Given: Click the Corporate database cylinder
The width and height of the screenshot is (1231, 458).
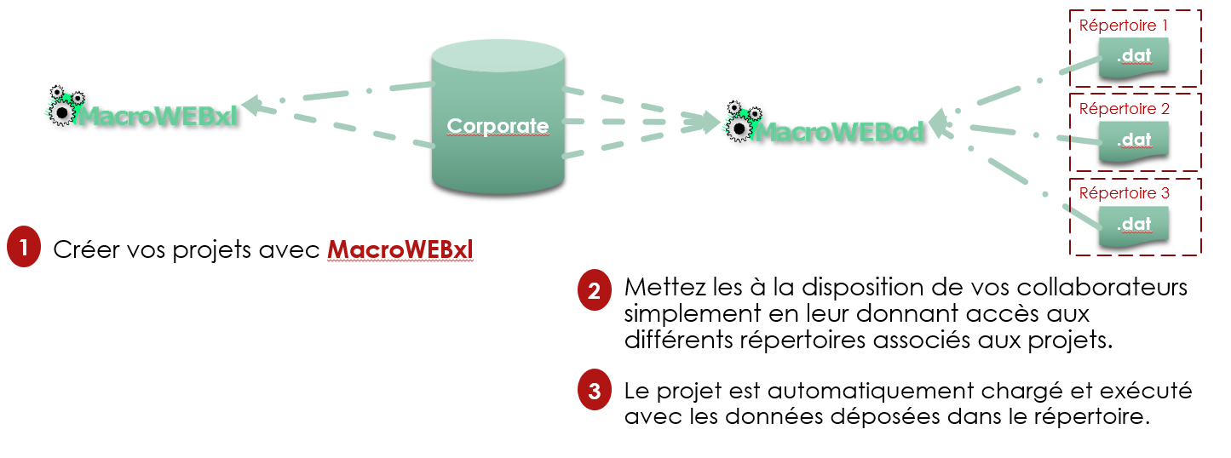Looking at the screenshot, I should click(498, 119).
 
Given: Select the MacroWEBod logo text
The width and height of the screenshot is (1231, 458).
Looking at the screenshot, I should click(839, 132).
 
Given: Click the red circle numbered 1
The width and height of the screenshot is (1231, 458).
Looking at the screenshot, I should click(23, 248).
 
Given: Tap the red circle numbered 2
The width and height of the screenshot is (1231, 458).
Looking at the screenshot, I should click(594, 290).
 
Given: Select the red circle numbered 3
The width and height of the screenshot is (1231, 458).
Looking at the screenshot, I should click(594, 391).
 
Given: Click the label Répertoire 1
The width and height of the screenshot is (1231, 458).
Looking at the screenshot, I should click(1124, 25).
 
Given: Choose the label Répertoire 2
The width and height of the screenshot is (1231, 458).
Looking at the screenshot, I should click(1124, 109).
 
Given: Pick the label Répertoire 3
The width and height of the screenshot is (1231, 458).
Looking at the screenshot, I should click(1124, 193).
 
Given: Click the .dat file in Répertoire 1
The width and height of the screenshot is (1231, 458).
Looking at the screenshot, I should click(1133, 58).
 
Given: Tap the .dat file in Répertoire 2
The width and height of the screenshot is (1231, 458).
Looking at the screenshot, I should click(1133, 141).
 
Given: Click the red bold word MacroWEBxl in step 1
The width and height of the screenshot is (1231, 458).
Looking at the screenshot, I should click(400, 249).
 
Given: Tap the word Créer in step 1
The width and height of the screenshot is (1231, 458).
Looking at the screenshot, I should click(82, 250).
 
